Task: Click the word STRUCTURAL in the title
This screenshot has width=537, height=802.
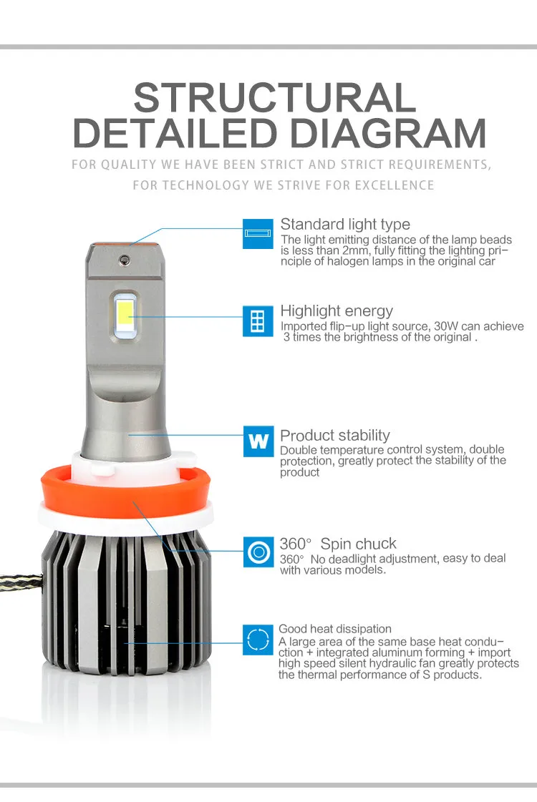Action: [274, 97]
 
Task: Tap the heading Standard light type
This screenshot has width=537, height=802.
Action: [345, 225]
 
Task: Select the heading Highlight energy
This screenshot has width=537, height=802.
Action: [337, 310]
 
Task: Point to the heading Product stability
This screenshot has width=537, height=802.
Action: [335, 435]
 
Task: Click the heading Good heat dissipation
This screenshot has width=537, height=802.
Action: [335, 629]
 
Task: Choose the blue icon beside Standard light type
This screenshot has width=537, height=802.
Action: [258, 233]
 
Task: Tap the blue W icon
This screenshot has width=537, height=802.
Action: [258, 441]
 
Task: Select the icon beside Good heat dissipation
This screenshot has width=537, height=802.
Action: [258, 639]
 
